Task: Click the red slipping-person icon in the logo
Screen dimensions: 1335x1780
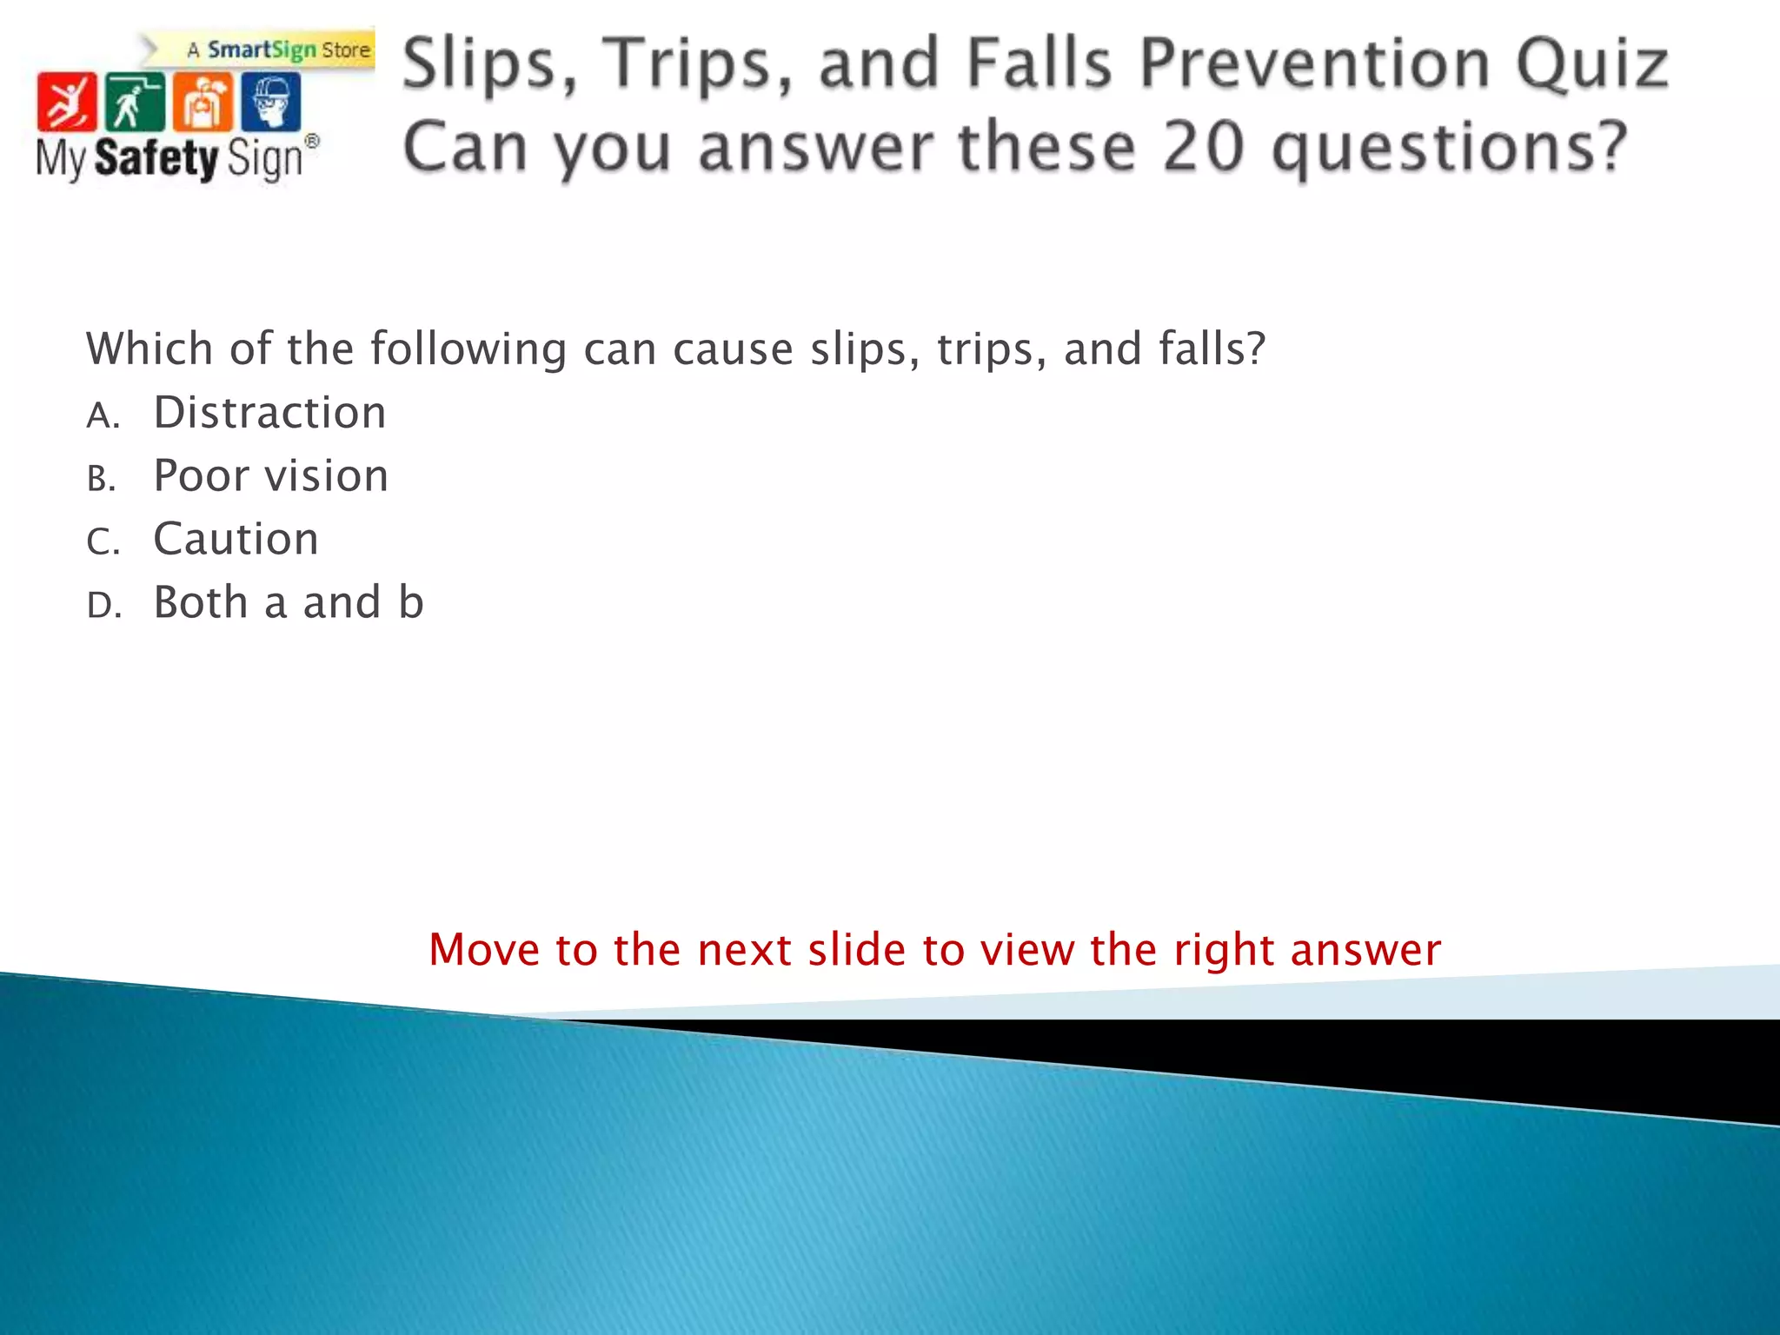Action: click(66, 103)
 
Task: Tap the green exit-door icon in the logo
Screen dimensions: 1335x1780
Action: click(134, 103)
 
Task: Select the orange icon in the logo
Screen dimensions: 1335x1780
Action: click(203, 103)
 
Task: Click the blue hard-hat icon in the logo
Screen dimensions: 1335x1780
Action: click(271, 103)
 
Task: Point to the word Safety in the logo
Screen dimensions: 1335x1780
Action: click(156, 159)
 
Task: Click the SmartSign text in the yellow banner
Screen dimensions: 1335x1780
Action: click(261, 50)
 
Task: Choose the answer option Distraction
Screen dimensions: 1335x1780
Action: click(269, 412)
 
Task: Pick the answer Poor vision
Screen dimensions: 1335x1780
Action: click(270, 475)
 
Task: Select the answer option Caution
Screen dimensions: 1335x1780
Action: click(236, 539)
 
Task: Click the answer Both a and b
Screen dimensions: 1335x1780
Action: click(288, 602)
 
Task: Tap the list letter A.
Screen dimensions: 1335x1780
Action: click(101, 415)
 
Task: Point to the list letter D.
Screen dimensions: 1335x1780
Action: click(103, 606)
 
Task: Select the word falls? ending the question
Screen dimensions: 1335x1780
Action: click(1212, 349)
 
